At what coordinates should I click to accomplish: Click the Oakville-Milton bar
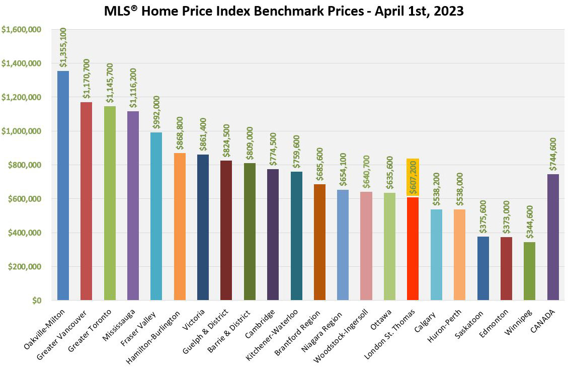click(x=63, y=186)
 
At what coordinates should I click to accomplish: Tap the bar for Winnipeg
click(x=529, y=271)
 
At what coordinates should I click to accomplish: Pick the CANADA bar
click(x=552, y=237)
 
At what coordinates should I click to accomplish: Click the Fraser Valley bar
click(x=156, y=216)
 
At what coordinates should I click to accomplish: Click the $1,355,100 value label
click(x=63, y=47)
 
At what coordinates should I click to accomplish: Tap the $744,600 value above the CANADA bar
click(x=552, y=154)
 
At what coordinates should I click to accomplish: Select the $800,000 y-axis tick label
click(x=28, y=165)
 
